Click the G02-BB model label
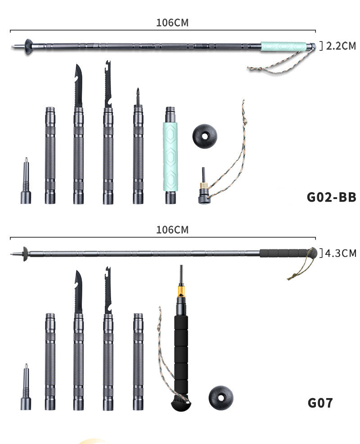click(331, 197)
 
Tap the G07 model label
click(320, 402)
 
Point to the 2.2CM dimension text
click(340, 46)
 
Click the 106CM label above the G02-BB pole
click(172, 23)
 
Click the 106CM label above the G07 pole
click(172, 230)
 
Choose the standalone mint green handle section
click(170, 155)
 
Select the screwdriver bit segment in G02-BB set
click(138, 149)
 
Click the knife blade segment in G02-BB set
click(79, 140)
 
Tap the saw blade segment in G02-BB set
click(108, 140)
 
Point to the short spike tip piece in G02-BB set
click(26, 182)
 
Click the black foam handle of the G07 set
click(181, 351)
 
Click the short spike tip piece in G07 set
click(26, 390)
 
